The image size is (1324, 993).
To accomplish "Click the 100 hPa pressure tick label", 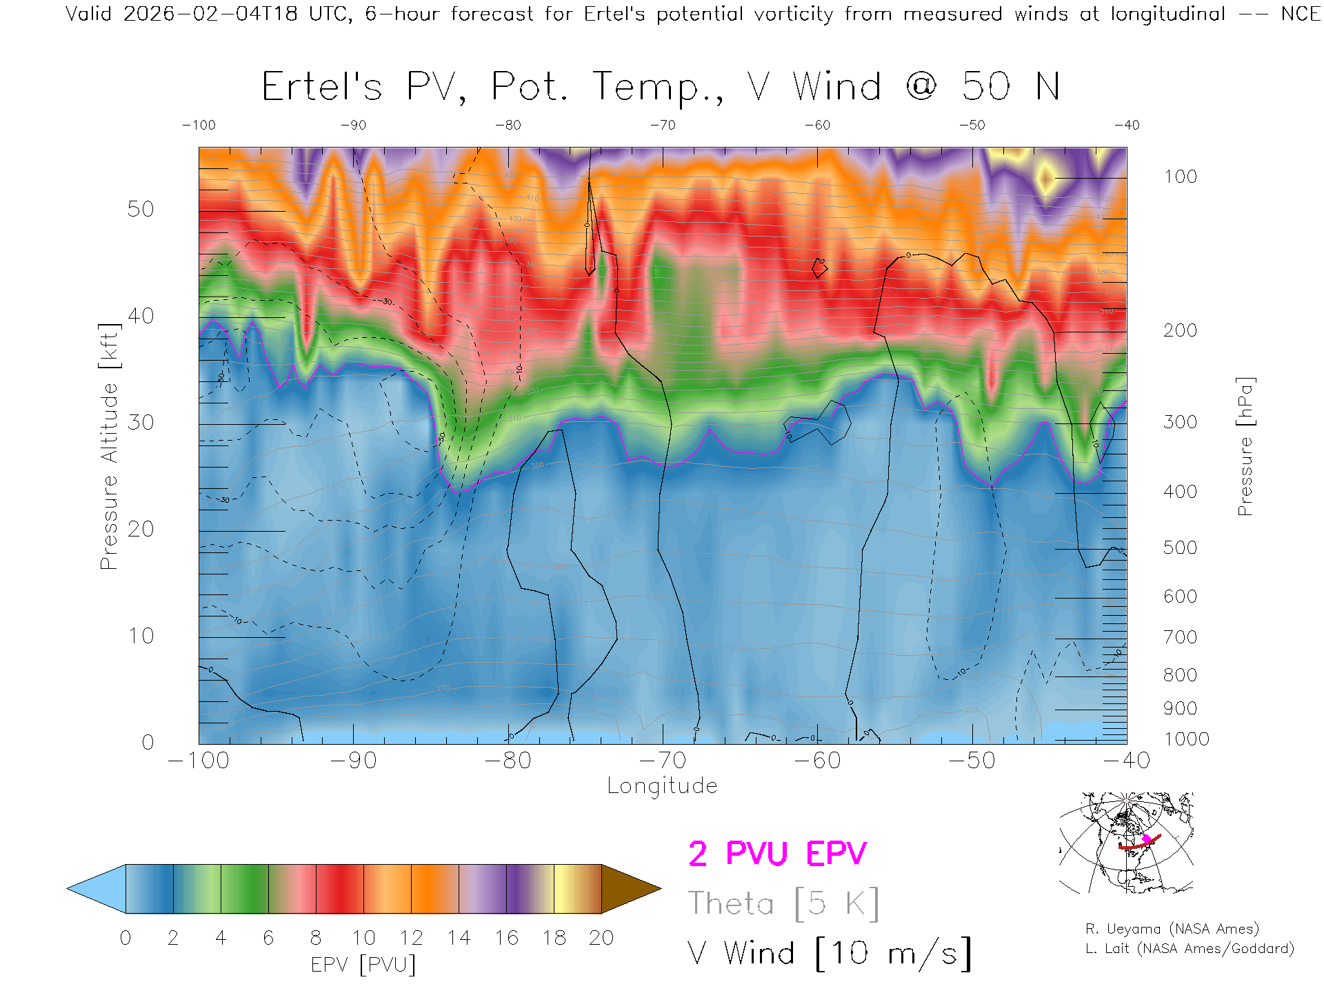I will click(x=1180, y=177).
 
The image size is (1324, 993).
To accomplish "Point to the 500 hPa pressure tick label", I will click(x=1180, y=548).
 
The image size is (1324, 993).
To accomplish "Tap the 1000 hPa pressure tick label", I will click(x=1186, y=739).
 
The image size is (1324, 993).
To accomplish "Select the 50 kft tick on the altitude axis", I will click(x=141, y=209).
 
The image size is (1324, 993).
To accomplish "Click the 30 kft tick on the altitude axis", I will click(x=141, y=422).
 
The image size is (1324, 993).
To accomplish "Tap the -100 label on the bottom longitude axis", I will click(x=199, y=761).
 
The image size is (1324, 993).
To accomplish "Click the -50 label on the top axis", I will click(x=972, y=126).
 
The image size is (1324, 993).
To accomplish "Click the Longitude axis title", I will click(x=662, y=786).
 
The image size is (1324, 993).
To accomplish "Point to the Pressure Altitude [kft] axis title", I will click(x=109, y=446).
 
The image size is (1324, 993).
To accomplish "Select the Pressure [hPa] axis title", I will click(x=1245, y=446).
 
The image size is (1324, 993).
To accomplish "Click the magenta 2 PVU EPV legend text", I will click(x=777, y=854).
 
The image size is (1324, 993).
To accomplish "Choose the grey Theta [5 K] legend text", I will click(x=783, y=903).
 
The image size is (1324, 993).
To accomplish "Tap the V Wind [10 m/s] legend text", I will click(x=829, y=954).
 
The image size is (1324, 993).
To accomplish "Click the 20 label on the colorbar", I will click(x=601, y=938).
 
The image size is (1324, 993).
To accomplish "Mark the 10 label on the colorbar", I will click(x=363, y=938).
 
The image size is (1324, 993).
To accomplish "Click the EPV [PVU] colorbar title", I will click(x=363, y=965).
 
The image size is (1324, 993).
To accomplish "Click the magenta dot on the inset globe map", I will click(x=1147, y=839).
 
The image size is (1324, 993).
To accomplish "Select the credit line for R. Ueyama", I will click(x=1172, y=929).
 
